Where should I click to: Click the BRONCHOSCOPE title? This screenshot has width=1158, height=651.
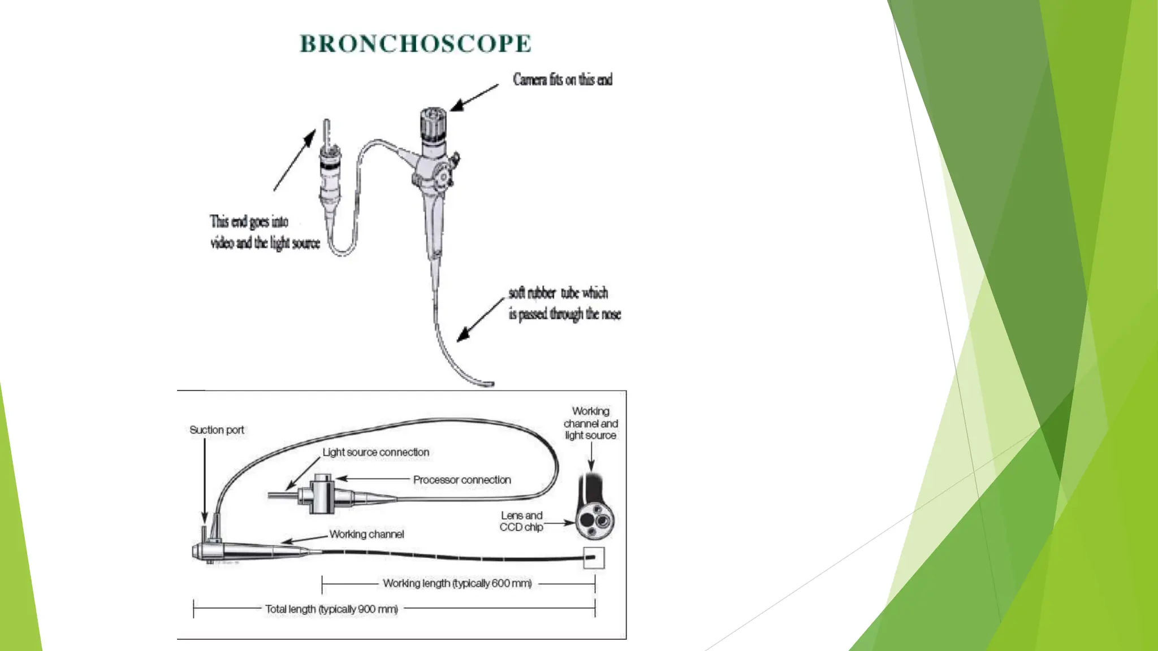pyautogui.click(x=415, y=44)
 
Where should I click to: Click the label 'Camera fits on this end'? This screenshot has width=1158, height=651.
pyautogui.click(x=562, y=80)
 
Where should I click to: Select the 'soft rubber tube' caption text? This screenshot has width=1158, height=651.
pyautogui.click(x=564, y=303)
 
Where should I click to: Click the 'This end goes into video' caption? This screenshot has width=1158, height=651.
pyautogui.click(x=265, y=232)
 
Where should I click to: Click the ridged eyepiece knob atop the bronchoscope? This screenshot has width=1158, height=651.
pyautogui.click(x=433, y=125)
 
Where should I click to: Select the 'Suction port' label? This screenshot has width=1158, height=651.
pyautogui.click(x=217, y=430)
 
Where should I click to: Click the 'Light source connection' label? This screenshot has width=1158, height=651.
pyautogui.click(x=375, y=452)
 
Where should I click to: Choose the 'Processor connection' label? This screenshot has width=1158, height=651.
pyautogui.click(x=461, y=480)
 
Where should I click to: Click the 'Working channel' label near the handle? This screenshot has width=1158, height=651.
pyautogui.click(x=366, y=534)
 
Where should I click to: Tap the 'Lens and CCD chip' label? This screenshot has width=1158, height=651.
pyautogui.click(x=521, y=521)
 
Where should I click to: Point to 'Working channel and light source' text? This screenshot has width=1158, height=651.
pyautogui.click(x=590, y=423)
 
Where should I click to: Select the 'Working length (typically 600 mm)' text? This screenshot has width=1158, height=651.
pyautogui.click(x=457, y=583)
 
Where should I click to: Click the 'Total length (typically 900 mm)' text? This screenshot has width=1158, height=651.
pyautogui.click(x=331, y=609)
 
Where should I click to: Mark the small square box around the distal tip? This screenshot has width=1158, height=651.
pyautogui.click(x=594, y=558)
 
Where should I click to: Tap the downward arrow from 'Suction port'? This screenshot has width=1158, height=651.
pyautogui.click(x=205, y=480)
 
